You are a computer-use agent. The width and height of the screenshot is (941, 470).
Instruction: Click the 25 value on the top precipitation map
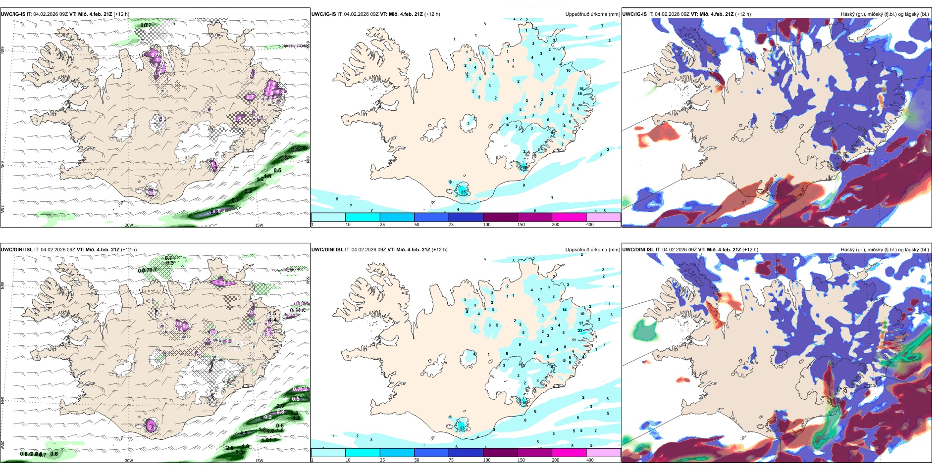coord(463,191)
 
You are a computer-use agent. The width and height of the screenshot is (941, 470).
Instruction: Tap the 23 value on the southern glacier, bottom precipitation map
coord(462,428)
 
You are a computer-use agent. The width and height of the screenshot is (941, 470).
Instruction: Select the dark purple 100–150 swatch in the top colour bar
coord(500,217)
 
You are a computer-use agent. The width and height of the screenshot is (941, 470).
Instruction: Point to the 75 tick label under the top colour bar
coord(451,225)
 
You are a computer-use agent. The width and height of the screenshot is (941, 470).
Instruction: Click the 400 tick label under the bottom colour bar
coord(590,460)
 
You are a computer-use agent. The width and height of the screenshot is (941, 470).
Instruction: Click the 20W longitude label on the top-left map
coord(129,225)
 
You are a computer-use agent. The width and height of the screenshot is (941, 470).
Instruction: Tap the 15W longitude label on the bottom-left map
coord(259,461)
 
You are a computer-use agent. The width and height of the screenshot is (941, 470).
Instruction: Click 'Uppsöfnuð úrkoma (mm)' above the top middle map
coord(592,14)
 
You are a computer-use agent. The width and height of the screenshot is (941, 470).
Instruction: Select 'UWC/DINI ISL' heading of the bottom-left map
coord(16,250)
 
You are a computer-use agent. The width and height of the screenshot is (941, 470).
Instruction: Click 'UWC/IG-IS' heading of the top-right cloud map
coord(634,14)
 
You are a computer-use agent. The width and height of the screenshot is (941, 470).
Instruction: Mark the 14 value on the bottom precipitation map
coord(565,310)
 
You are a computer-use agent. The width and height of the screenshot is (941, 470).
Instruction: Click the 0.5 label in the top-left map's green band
coord(277,171)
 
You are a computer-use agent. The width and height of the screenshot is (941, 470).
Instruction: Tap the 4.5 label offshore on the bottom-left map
coord(244,433)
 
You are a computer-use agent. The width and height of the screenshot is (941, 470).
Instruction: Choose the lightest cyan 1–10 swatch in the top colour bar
coord(328,217)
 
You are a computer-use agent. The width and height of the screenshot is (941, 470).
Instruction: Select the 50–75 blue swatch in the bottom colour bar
coord(431,453)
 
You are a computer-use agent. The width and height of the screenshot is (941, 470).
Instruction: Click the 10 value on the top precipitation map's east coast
coord(568,70)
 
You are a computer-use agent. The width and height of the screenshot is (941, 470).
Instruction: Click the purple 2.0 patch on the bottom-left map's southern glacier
coord(151,426)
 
